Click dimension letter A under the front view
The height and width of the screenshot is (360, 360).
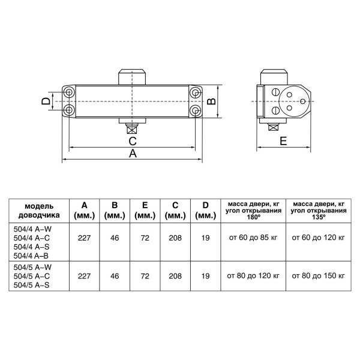click(x=133, y=153)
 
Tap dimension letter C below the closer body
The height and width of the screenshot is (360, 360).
click(x=133, y=141)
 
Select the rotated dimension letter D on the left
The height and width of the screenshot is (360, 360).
click(x=46, y=101)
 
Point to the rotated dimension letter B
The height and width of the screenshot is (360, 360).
click(x=211, y=101)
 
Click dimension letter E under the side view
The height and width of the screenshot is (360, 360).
click(x=283, y=141)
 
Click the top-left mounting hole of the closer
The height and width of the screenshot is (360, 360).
click(x=68, y=92)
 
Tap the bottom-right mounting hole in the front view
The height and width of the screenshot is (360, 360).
click(x=196, y=110)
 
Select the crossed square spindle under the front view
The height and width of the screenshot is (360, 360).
click(x=132, y=130)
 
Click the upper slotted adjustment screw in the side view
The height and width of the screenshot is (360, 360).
click(x=275, y=92)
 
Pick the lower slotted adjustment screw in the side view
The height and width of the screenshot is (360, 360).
click(x=275, y=111)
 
